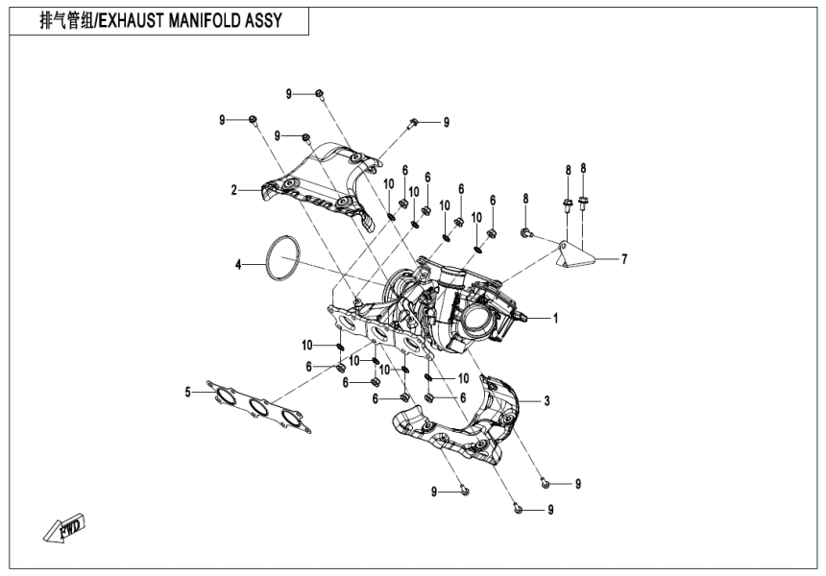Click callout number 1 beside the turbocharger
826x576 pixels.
(555, 317)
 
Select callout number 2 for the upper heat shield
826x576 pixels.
(233, 190)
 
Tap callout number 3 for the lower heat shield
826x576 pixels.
(547, 400)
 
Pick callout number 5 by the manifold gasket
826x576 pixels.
(189, 391)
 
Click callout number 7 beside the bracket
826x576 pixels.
(623, 258)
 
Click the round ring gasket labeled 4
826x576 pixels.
(280, 259)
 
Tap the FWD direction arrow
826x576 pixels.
(65, 527)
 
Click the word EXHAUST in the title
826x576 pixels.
(134, 20)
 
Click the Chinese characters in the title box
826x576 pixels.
(66, 20)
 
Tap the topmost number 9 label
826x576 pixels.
(288, 93)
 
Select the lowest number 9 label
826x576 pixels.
(550, 510)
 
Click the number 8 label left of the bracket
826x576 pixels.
(526, 199)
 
